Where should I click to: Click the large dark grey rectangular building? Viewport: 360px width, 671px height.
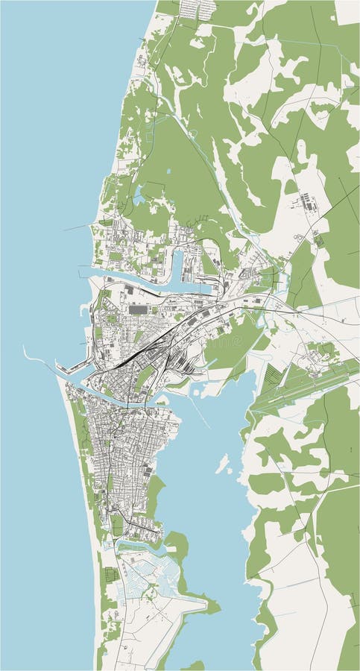pyautogui.click(x=139, y=308)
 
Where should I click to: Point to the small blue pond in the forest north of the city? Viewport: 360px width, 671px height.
pyautogui.click(x=139, y=198)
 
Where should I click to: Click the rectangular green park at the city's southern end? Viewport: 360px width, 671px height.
pyautogui.click(x=117, y=525)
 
